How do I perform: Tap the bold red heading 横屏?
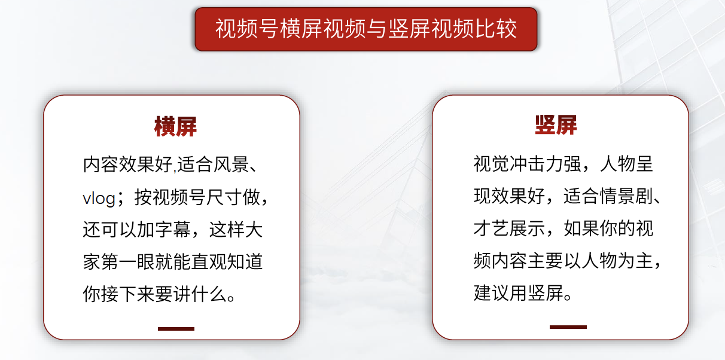pos(175,126)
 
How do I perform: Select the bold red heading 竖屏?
pos(556,125)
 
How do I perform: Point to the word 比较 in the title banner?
pos(495,29)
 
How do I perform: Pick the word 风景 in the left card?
pos(231,164)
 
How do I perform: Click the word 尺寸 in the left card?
pos(225,197)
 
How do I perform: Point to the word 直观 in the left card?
pos(209,262)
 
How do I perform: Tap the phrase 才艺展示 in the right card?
pos(509,228)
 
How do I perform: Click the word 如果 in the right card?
pos(581,228)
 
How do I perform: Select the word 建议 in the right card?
pos(491,293)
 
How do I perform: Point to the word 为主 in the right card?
pos(635,261)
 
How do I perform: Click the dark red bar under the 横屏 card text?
pos(176,329)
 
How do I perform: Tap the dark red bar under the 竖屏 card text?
pos(568,327)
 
